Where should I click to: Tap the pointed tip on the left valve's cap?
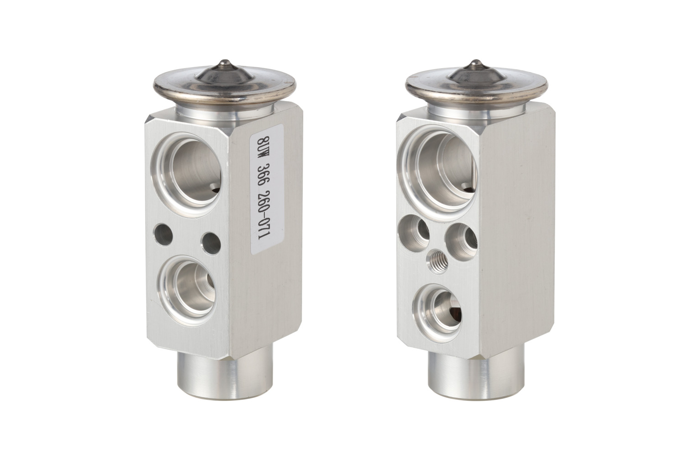coord(224,61)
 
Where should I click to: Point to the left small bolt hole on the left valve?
coord(163,235)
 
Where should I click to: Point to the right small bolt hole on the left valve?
coord(211,243)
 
